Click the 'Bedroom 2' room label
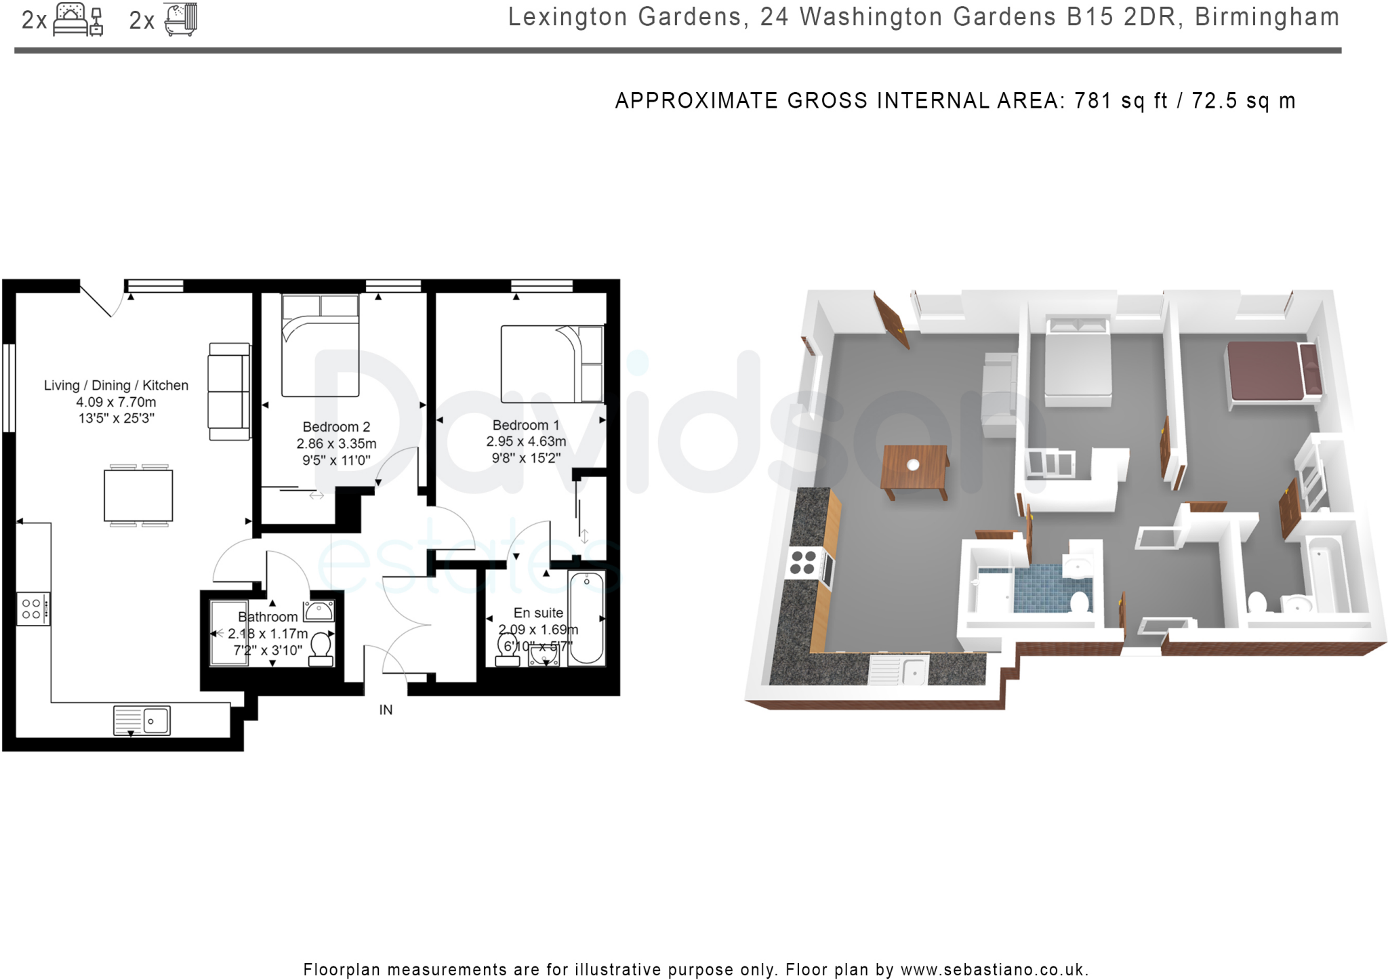336,427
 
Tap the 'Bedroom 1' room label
526,425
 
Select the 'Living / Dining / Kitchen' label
116,385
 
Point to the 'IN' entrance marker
386,710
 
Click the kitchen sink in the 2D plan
142,720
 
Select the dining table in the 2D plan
138,495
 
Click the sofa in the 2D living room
229,392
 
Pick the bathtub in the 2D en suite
586,617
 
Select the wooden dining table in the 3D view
914,468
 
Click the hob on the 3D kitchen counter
804,563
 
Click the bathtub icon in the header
181,19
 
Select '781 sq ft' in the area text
1121,101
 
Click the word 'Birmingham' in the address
1267,17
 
